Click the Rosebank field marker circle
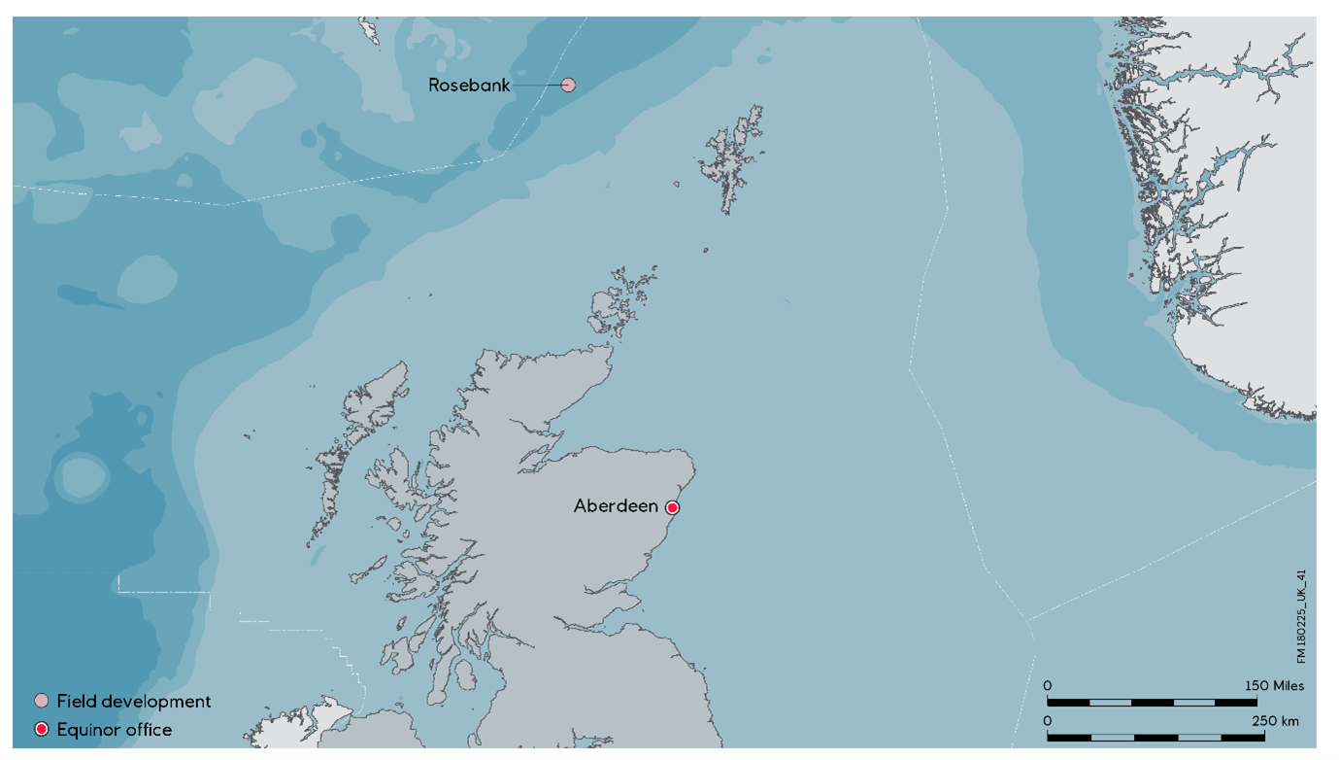coord(569,86)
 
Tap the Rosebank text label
coord(469,86)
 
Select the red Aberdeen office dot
coord(672,507)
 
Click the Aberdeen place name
coord(617,506)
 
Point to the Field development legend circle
coord(42,701)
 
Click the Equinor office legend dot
coord(42,729)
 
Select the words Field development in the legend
coord(134,701)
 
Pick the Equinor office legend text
coord(115,729)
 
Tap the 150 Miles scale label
coord(1274,685)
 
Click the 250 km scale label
coord(1275,721)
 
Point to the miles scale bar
coord(1152,702)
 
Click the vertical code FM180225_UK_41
coord(1301,617)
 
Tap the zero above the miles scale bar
coord(1048,685)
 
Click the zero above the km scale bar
coord(1048,721)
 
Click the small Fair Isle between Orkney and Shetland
coord(706,250)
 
